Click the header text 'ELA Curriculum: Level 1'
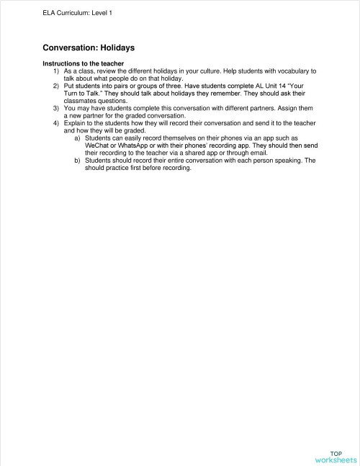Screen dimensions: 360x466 (78, 13)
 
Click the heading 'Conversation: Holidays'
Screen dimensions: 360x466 (89, 48)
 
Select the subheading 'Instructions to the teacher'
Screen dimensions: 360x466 (83, 64)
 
